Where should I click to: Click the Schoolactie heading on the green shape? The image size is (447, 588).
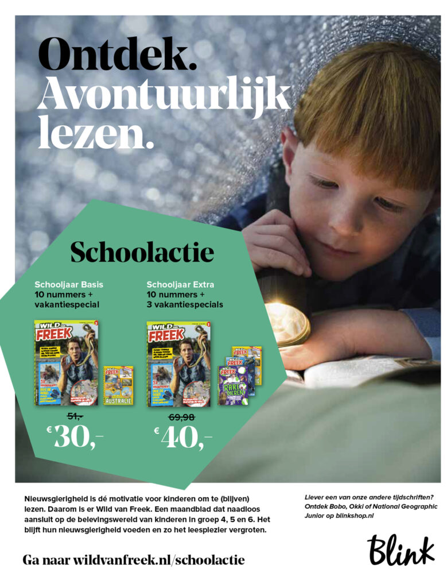point(142,252)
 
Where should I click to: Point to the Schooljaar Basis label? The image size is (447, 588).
point(69,284)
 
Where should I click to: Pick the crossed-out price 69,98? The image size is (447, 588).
point(182,416)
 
